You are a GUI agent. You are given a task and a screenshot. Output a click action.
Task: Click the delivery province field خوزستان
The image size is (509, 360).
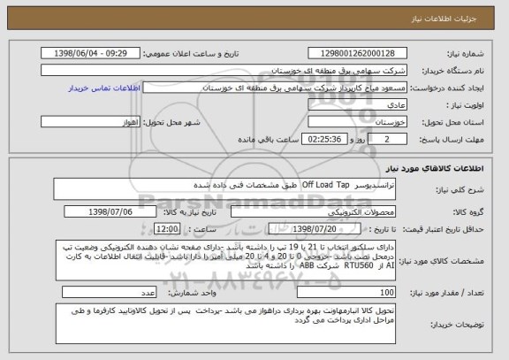pos(353,122)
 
